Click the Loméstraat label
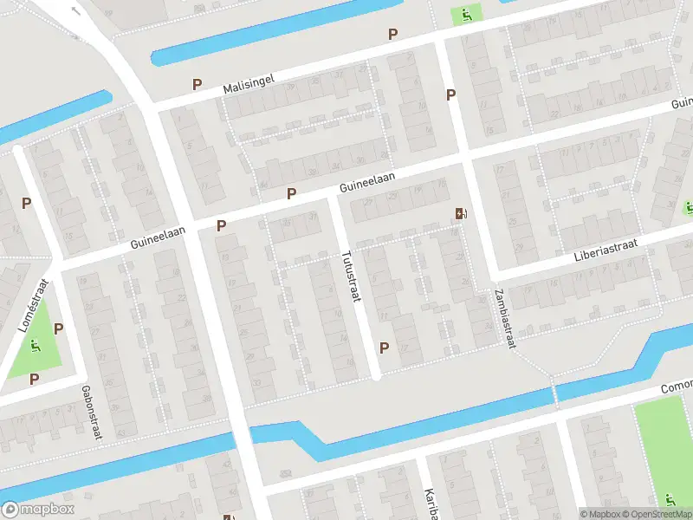point(31,307)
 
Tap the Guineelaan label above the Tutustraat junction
point(367,180)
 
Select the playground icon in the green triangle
point(35,346)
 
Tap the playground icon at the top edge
point(466,13)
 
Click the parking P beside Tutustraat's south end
point(384,348)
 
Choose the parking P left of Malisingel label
point(198,85)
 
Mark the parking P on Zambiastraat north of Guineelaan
point(450,95)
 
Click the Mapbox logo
point(39,510)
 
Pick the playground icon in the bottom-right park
point(670,500)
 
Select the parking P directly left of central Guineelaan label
point(292,194)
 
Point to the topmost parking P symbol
point(393,35)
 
